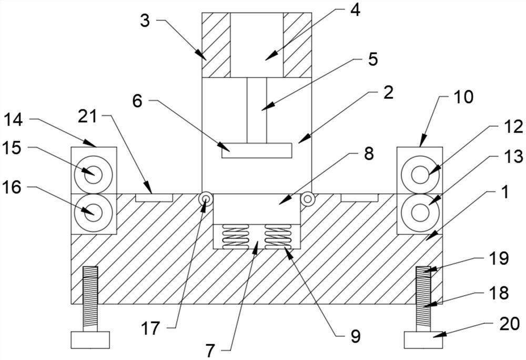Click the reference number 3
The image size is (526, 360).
[145, 21]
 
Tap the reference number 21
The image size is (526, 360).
[87, 117]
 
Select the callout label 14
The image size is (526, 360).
[14, 120]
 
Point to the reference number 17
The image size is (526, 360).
[150, 328]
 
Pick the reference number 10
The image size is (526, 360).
[463, 97]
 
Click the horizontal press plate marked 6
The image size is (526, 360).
[257, 151]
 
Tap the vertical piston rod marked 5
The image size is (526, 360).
[257, 111]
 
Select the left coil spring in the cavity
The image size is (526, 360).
[236, 237]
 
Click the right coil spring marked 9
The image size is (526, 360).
[277, 237]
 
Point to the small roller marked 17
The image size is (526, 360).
[206, 199]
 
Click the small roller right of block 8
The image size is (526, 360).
[307, 199]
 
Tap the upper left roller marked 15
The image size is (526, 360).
[94, 174]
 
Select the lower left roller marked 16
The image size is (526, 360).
[94, 213]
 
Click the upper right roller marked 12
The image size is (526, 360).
[420, 174]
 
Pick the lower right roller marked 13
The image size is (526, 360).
[420, 213]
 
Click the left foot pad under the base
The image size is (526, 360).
[90, 340]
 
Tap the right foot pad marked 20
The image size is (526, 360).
[423, 340]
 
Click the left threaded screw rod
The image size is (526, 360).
[90, 299]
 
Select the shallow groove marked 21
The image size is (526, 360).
[154, 197]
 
